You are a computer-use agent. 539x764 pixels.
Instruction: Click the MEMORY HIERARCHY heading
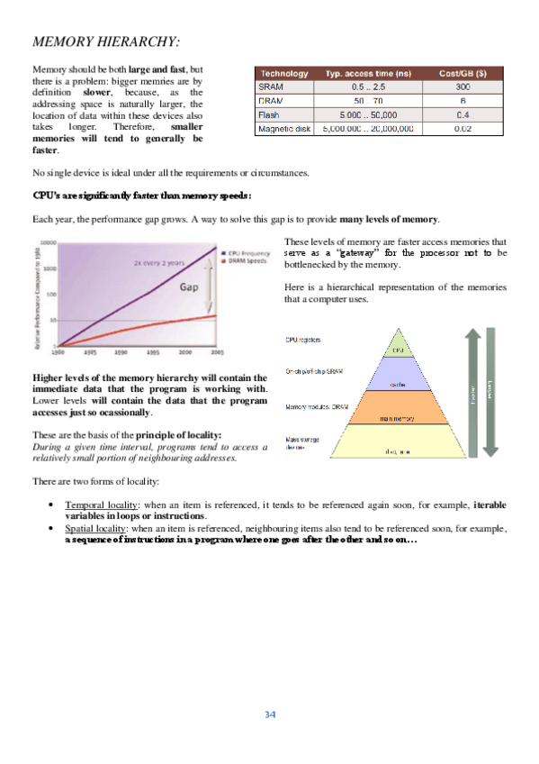(105, 41)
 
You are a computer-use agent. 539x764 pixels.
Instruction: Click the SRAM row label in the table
(271, 86)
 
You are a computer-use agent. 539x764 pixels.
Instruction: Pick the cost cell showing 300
(463, 86)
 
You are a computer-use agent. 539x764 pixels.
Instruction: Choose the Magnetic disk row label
(284, 129)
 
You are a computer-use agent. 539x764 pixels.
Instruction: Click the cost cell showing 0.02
(463, 129)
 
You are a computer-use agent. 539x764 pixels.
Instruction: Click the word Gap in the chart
(187, 288)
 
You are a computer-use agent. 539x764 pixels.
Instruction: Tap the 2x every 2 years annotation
(159, 262)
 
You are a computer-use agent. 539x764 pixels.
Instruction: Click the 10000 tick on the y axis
(48, 243)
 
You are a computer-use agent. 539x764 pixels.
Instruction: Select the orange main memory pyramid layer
(396, 417)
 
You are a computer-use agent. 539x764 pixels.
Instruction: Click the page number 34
(269, 714)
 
